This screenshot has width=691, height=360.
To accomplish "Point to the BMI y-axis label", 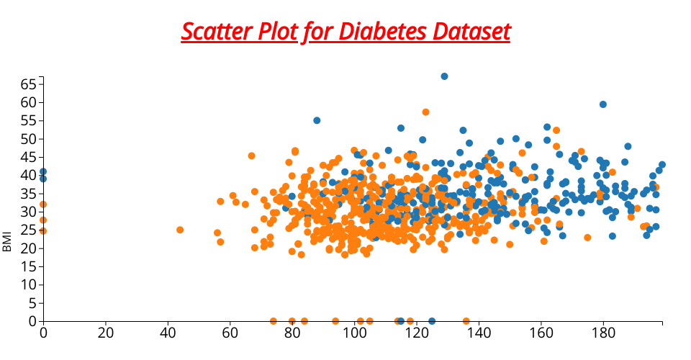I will (x=8, y=241).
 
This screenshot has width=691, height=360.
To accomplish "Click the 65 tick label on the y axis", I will (x=27, y=84).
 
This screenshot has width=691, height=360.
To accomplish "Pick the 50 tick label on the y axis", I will (x=27, y=139).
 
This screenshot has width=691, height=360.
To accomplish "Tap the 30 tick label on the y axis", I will (x=27, y=212).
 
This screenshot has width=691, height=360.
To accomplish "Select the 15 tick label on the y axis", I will (x=27, y=266).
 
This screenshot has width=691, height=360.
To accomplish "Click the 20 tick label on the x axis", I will (x=106, y=333).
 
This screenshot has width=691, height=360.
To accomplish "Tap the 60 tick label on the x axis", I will (x=230, y=333).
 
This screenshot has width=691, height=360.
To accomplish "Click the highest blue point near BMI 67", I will (x=444, y=76).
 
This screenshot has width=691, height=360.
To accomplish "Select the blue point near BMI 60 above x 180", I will (x=603, y=104).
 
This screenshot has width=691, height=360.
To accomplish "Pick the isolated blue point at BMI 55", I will (x=317, y=120).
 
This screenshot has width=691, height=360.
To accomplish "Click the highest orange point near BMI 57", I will (x=425, y=112).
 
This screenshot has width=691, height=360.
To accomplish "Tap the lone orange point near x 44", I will (x=180, y=230).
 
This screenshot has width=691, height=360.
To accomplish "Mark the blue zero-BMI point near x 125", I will (x=432, y=321).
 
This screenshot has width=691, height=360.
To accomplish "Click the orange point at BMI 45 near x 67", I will (x=251, y=156).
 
